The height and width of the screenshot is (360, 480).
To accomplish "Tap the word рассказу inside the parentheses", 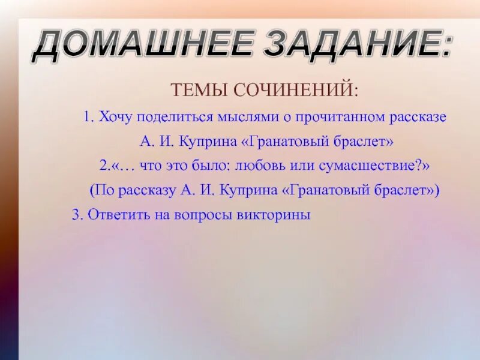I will point(148,190).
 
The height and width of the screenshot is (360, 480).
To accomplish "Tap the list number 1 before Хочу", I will point(88,117).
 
